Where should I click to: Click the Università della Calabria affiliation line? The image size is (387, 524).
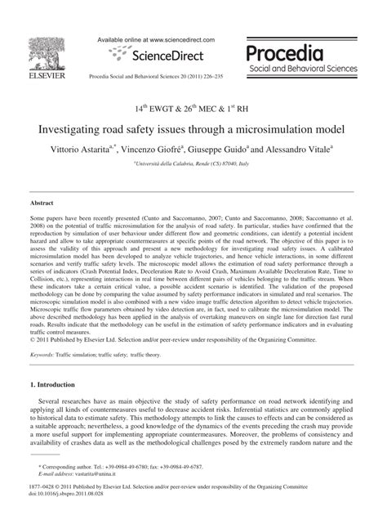193,163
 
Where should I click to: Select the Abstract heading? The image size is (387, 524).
42,200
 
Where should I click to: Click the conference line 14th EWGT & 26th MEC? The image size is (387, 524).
193,108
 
